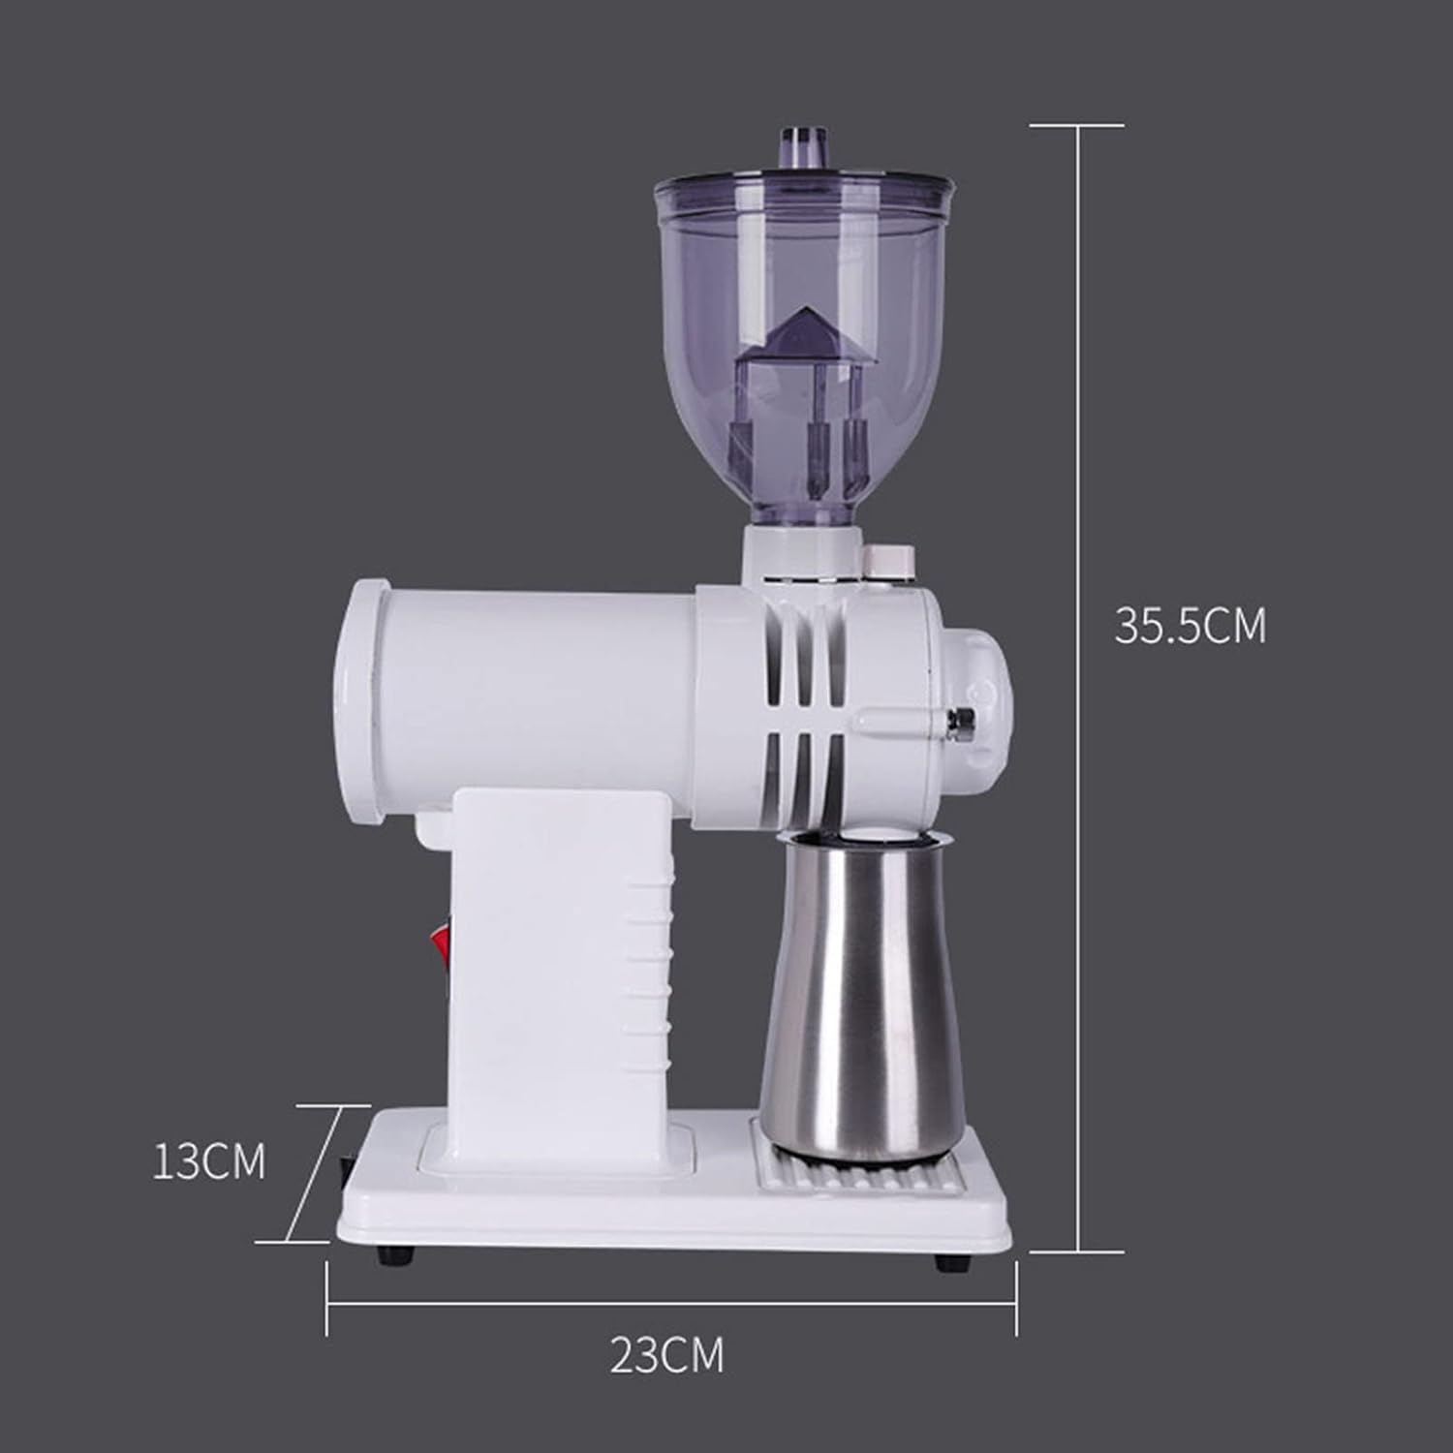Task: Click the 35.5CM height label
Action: [x=1190, y=626]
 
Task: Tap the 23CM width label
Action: [x=666, y=1354]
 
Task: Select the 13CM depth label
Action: [x=208, y=1160]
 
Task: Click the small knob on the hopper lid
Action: [x=806, y=147]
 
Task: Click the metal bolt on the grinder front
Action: [x=962, y=718]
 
